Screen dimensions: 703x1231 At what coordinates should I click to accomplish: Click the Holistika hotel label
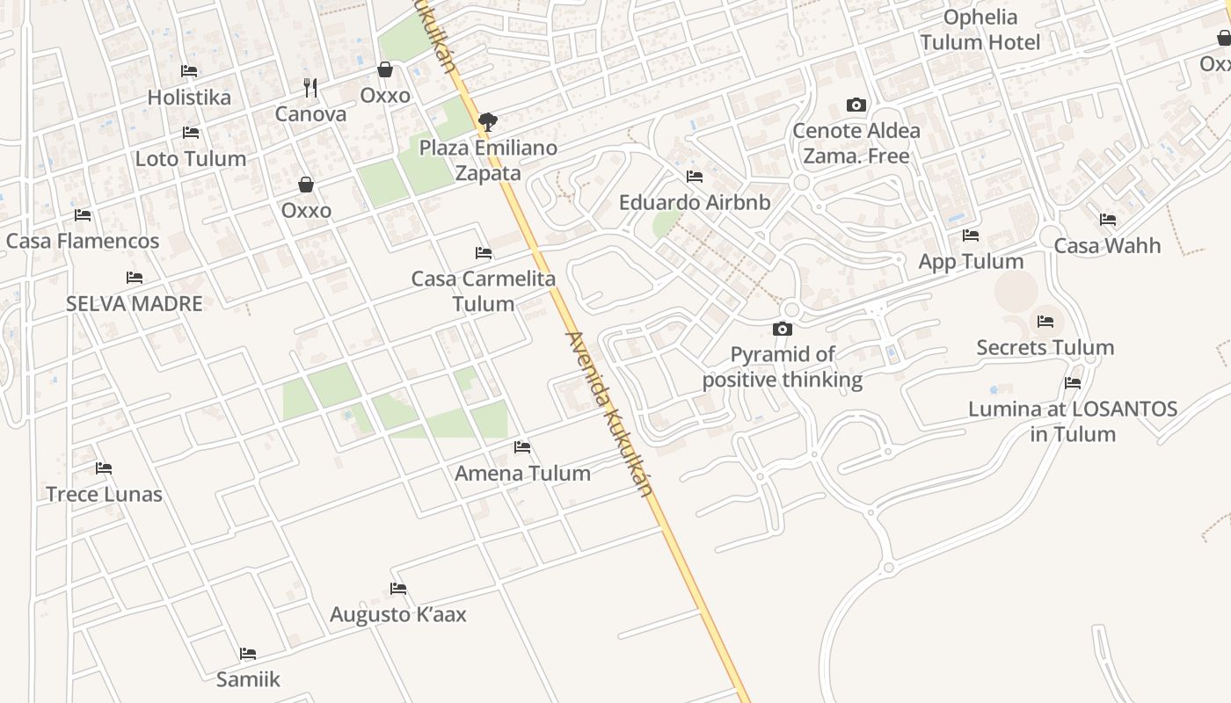189,98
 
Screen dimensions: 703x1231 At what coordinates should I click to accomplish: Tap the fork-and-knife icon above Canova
310,87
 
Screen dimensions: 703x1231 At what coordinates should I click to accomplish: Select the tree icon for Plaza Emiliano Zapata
487,121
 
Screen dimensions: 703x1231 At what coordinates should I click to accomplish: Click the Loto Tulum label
190,159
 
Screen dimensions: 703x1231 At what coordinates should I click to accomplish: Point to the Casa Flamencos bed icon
83,214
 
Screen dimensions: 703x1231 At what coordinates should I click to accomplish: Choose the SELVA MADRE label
135,304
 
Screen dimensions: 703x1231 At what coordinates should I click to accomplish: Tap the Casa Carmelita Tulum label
483,292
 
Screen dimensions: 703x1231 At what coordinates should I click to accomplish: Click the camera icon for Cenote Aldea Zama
856,105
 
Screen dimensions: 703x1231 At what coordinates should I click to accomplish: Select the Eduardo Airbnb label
695,203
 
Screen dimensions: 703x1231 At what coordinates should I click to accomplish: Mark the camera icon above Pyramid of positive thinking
782,329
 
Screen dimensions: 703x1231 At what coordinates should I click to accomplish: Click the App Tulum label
971,262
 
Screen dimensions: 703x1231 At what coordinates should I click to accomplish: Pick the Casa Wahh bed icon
1107,219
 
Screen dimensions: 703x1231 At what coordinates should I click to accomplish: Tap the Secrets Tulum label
1045,348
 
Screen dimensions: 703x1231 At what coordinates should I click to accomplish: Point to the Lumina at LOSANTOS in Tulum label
1072,422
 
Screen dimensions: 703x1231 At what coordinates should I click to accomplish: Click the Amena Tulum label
522,474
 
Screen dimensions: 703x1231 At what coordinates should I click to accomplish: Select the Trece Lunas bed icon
104,467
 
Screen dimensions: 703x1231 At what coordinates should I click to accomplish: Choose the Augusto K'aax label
398,614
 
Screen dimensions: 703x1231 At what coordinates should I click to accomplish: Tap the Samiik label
248,679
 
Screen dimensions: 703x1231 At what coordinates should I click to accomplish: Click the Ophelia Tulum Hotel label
980,30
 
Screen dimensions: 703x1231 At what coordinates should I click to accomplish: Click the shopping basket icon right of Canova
384,69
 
